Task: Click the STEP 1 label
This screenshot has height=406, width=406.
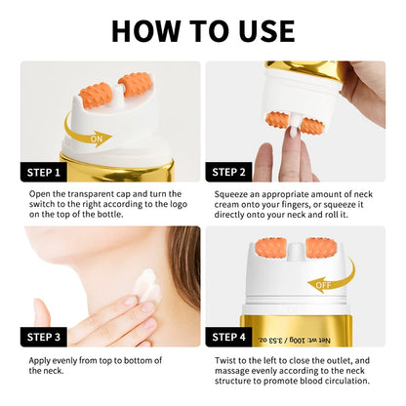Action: click(44, 172)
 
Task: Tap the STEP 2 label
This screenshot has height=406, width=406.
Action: click(228, 172)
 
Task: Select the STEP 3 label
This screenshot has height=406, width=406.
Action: click(44, 337)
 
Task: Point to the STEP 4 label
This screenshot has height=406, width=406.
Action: click(228, 337)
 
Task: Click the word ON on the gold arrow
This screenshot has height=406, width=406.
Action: click(97, 140)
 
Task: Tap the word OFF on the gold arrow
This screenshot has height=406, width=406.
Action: click(323, 285)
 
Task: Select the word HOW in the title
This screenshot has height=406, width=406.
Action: click(145, 31)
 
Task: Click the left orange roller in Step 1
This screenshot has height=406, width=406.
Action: click(96, 95)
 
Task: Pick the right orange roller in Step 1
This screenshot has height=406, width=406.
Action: click(135, 84)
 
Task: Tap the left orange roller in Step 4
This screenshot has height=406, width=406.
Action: click(268, 250)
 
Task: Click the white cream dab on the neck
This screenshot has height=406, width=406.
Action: click(149, 287)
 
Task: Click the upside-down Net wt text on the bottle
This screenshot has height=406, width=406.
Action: click(295, 341)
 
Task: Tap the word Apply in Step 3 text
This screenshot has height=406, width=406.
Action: click(39, 361)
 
